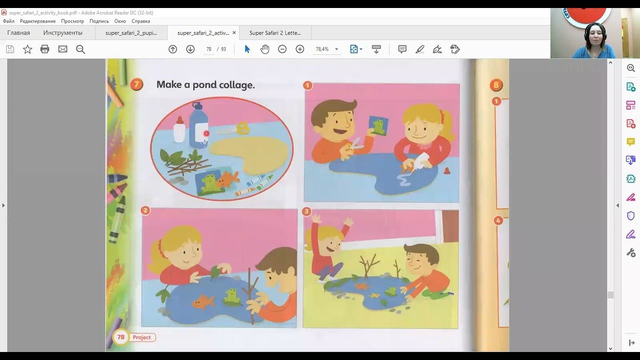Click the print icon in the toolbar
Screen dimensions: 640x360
click(45, 49)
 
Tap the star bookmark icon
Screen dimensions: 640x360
click(27, 49)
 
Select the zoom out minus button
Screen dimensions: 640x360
click(282, 49)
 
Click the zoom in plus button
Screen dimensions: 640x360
click(299, 49)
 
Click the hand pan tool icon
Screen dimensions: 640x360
click(265, 49)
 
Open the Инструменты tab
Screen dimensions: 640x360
click(63, 33)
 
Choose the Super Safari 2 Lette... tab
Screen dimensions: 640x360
click(275, 33)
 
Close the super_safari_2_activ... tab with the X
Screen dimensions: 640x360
click(234, 32)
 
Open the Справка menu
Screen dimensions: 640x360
click(140, 21)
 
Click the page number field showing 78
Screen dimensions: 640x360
click(209, 49)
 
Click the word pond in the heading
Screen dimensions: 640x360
click(204, 85)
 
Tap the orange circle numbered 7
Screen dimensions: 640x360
click(136, 84)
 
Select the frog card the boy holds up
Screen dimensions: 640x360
click(378, 125)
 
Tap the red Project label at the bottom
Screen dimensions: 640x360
click(141, 337)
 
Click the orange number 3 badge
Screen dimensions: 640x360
click(306, 211)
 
